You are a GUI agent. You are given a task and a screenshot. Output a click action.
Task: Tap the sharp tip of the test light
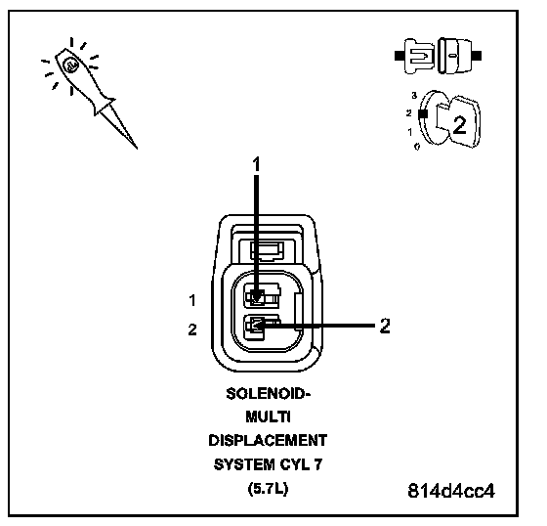[x=137, y=149]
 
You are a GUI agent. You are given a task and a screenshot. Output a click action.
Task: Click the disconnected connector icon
[x=439, y=56]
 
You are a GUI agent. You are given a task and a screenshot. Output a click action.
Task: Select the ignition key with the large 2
[x=458, y=122]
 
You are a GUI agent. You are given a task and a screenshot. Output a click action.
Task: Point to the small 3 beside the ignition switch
[x=414, y=96]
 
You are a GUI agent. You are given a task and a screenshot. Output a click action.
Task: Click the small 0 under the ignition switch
[x=417, y=147]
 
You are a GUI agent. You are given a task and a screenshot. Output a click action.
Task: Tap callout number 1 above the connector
[x=256, y=164]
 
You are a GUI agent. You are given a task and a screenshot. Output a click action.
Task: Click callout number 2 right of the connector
[x=385, y=326]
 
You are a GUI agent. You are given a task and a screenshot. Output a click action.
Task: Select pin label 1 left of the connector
[x=192, y=300]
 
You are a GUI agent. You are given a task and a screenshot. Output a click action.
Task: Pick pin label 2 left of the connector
[x=192, y=329]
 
